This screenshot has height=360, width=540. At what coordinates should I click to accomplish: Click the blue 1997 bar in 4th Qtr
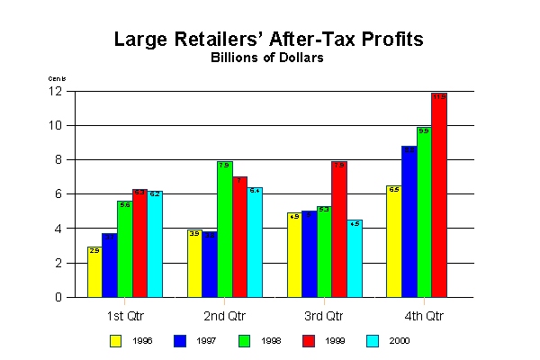409,221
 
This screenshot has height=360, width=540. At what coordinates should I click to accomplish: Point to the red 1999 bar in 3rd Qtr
339,229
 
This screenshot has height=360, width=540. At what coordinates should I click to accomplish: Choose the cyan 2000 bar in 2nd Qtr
255,242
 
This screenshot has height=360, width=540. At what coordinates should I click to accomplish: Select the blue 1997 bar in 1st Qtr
110,265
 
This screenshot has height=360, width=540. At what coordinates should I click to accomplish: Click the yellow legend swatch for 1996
115,340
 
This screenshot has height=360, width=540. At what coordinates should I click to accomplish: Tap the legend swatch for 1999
308,340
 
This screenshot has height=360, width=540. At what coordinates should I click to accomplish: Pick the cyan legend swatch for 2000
373,340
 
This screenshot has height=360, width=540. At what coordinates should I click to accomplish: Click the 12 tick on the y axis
55,91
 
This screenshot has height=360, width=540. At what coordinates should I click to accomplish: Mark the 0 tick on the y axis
58,297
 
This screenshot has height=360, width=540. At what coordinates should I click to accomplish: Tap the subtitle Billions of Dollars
267,58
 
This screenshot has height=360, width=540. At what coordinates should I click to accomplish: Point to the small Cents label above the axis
56,78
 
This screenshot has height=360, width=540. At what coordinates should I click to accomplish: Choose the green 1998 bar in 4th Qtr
424,211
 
